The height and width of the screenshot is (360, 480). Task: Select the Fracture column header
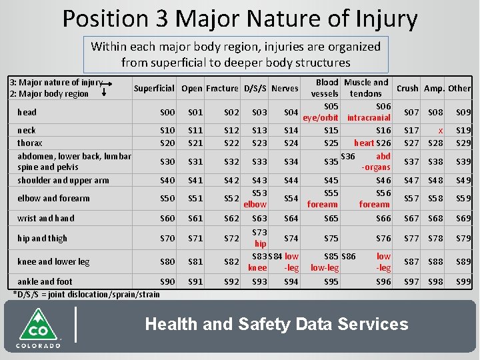tap(222, 88)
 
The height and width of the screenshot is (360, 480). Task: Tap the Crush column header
tap(407, 88)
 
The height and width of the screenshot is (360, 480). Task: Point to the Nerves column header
tap(285, 88)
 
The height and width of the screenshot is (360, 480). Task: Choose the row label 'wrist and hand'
tap(46, 218)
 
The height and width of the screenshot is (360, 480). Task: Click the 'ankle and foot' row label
tap(45, 281)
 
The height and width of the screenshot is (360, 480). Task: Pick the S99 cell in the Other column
tap(463, 282)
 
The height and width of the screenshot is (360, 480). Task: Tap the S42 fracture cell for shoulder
tap(231, 180)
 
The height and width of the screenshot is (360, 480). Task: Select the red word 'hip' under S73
tap(261, 244)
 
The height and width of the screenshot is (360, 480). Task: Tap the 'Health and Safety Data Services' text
tap(276, 325)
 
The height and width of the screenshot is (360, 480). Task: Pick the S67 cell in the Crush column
tap(411, 218)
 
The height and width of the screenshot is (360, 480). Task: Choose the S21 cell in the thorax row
tap(195, 143)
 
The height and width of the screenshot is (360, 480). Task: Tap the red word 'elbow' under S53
tap(255, 205)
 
